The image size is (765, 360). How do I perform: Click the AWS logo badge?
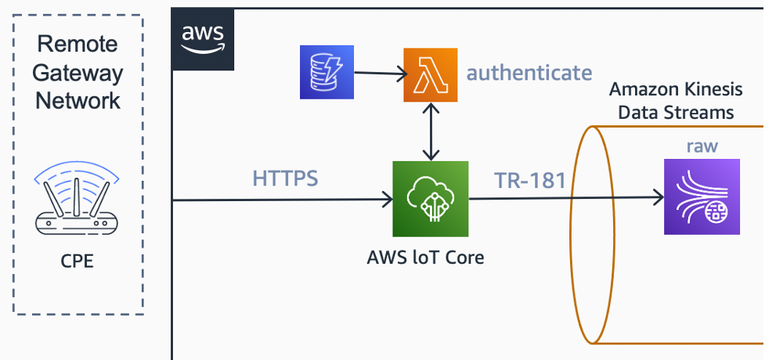201,38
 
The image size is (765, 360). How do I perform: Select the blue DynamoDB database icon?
327,72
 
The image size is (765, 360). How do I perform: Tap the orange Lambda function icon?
429,74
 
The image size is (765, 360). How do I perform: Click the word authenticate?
529,74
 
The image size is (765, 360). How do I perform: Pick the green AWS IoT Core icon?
430,199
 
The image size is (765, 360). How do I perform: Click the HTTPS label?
285,178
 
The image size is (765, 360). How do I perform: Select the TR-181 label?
530,181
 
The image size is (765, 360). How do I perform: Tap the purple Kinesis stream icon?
701,196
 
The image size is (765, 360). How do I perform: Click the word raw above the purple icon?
702,146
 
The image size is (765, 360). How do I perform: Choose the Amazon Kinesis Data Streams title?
675,100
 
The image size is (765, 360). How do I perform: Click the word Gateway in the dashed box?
78,73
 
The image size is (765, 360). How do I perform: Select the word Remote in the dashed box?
78,45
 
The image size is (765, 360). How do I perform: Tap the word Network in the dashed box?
78,100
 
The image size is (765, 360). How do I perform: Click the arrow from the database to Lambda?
379,74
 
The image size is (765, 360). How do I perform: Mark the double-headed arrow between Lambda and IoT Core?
429,131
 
